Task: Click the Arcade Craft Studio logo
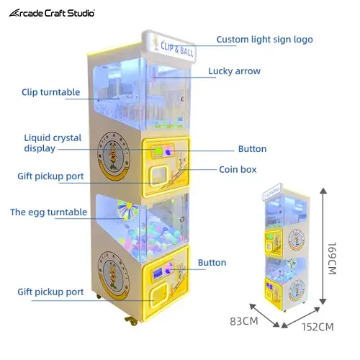point(52,13)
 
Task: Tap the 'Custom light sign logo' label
point(265,40)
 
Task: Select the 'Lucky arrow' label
point(234,71)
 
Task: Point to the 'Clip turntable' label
point(51,92)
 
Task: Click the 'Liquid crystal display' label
point(53,143)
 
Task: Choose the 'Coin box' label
point(238,169)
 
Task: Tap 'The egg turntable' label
point(49,212)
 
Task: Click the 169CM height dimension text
point(333,258)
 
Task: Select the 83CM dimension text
point(244,321)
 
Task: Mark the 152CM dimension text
point(318,327)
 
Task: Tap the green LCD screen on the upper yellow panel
point(158,150)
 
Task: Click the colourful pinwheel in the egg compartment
point(128,210)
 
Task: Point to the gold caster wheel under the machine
point(131,320)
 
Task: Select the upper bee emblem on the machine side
point(114,156)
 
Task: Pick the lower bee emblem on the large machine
point(114,275)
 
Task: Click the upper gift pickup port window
point(158,176)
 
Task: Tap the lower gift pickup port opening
point(158,295)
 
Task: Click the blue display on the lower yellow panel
point(158,274)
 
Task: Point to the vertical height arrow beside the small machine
point(323,246)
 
